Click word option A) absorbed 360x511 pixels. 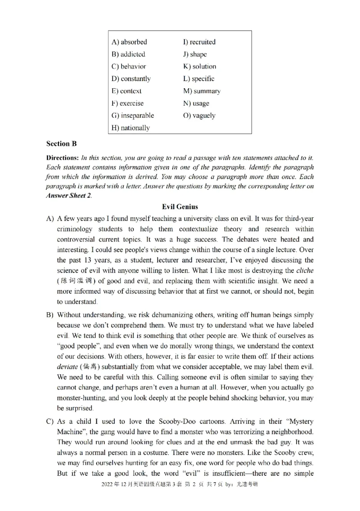point(129,42)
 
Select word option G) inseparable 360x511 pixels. point(132,116)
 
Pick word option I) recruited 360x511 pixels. point(199,42)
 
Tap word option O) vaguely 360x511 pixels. point(199,116)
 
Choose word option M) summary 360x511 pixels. point(201,91)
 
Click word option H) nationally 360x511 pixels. point(130,128)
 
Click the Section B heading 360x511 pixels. point(61,144)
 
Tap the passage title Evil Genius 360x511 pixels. point(180,207)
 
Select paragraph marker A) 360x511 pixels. point(50,219)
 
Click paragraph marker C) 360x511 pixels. point(50,422)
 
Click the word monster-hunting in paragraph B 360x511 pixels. point(82,398)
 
